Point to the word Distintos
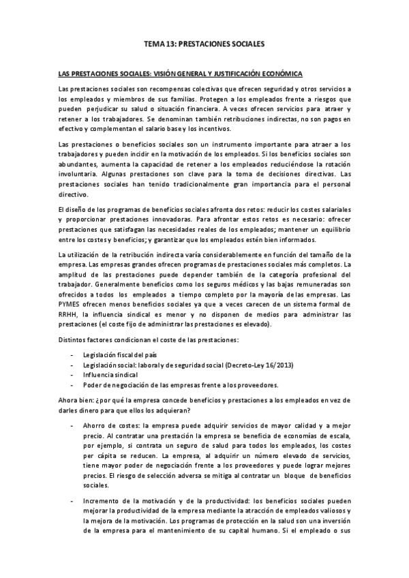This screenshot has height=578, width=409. (74, 340)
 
